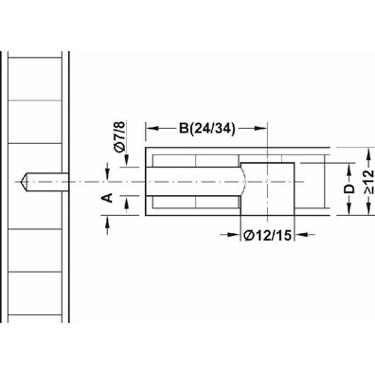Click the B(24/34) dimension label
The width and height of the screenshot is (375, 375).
(x=207, y=129)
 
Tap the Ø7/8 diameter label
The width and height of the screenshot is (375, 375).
(x=120, y=137)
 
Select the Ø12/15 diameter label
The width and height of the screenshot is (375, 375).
(x=267, y=235)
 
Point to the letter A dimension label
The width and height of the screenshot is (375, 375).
(x=108, y=198)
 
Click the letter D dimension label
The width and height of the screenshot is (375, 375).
(x=349, y=188)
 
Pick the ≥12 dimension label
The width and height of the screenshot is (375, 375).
(x=368, y=182)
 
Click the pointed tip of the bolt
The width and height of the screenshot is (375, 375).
(x=21, y=182)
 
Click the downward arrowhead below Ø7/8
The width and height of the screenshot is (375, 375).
(x=126, y=160)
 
